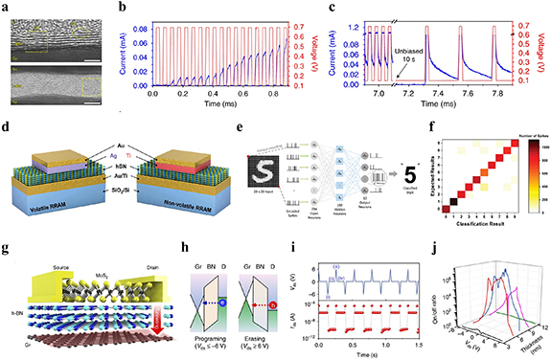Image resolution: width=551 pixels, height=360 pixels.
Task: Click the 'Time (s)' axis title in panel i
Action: coord(356,352)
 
